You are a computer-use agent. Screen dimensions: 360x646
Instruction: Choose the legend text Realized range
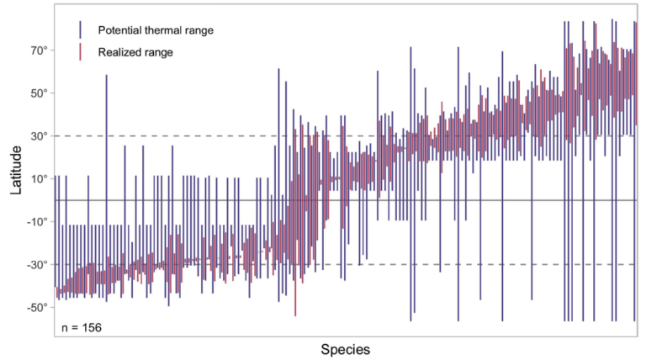click(135, 52)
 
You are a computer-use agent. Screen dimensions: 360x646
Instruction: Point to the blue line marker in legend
click(79, 29)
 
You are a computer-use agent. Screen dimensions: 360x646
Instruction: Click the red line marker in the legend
click(79, 52)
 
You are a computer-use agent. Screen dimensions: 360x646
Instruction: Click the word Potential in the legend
click(120, 30)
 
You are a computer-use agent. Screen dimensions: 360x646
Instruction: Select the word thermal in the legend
click(165, 30)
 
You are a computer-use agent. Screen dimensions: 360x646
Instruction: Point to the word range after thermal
click(199, 30)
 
